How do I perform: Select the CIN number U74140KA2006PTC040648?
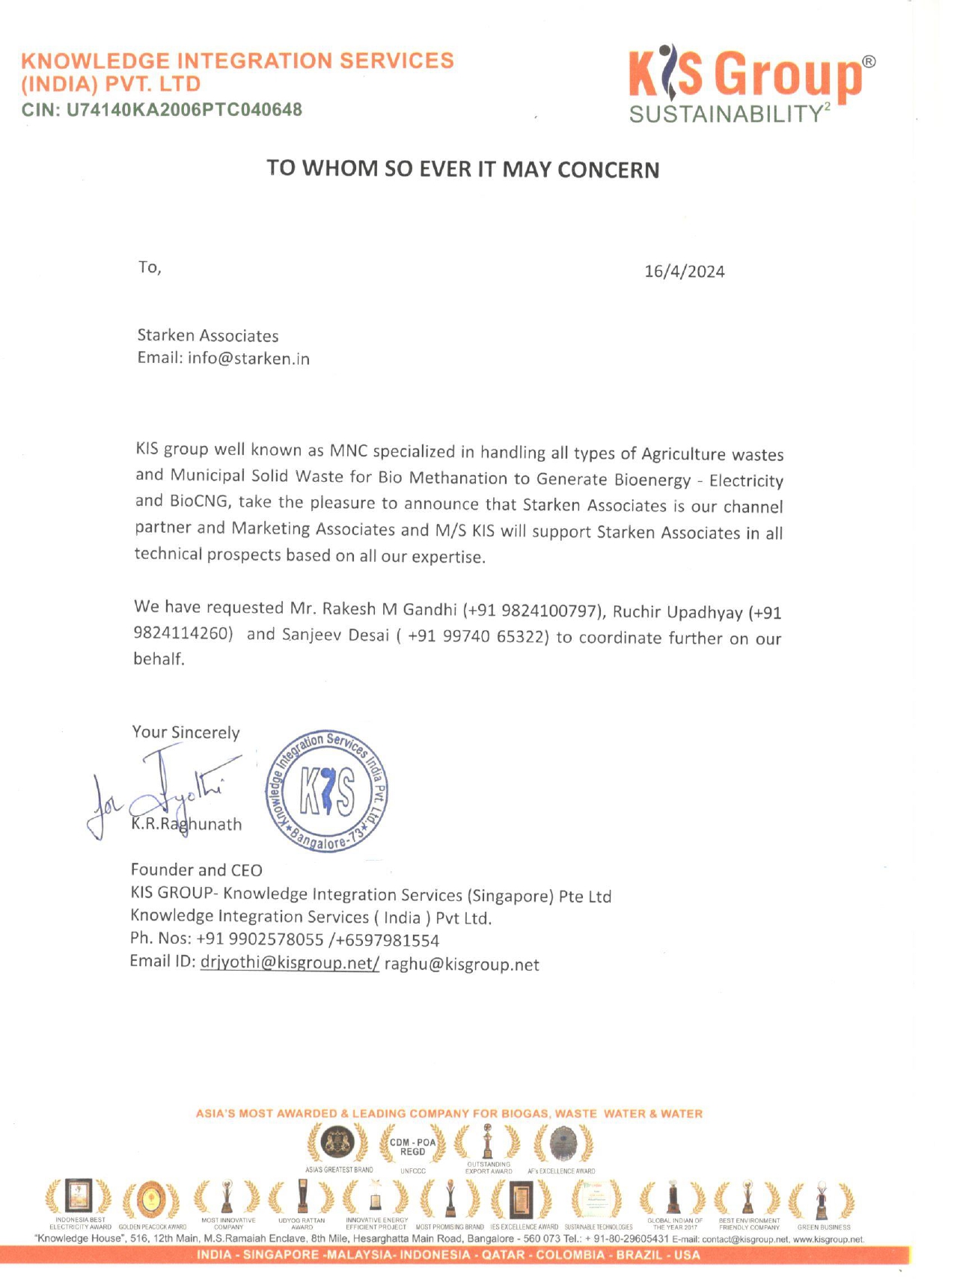184,110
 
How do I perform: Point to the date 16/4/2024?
684,271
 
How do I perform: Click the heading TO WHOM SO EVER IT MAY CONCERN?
463,169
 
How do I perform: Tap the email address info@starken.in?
248,358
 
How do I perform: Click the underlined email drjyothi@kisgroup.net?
289,962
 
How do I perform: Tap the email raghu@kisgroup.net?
462,965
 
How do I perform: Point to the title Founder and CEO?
196,870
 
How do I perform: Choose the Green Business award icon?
822,1199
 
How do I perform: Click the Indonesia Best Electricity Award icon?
79,1197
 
